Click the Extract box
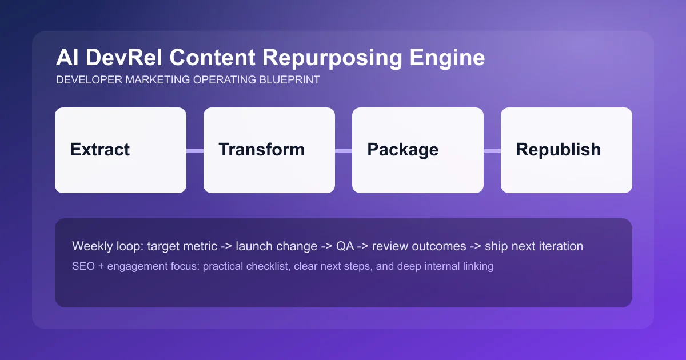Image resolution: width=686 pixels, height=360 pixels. (121, 150)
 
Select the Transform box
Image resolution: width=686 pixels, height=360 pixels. (269, 150)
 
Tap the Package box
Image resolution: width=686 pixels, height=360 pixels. (418, 150)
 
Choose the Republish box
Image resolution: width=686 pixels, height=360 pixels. (567, 150)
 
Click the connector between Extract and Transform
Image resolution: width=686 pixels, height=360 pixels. (195, 151)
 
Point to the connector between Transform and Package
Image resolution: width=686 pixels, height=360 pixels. (344, 151)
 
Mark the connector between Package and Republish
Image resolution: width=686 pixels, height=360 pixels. (492, 151)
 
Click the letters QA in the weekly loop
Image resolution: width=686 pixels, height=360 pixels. (345, 246)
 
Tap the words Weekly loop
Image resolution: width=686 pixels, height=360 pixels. (107, 246)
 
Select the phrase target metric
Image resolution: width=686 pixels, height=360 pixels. (182, 246)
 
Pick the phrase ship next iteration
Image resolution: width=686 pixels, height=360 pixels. (534, 246)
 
